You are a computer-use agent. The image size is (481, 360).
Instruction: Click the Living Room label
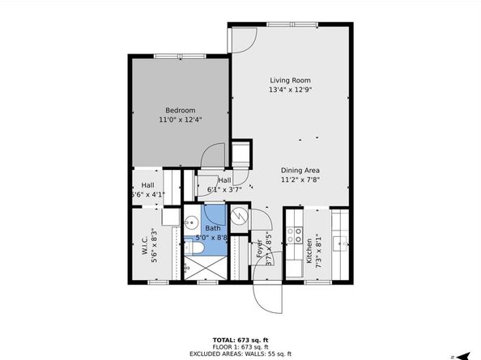click(290, 80)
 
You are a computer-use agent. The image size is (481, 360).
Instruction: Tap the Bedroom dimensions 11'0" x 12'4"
click(180, 120)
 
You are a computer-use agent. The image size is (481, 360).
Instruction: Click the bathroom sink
click(192, 222)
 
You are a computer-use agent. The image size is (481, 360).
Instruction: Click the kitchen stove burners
click(297, 235)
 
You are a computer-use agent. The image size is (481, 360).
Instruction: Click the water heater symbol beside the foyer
click(240, 217)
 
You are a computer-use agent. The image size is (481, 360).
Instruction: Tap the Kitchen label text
click(309, 249)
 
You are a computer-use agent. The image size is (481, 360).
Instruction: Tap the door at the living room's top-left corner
click(240, 36)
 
